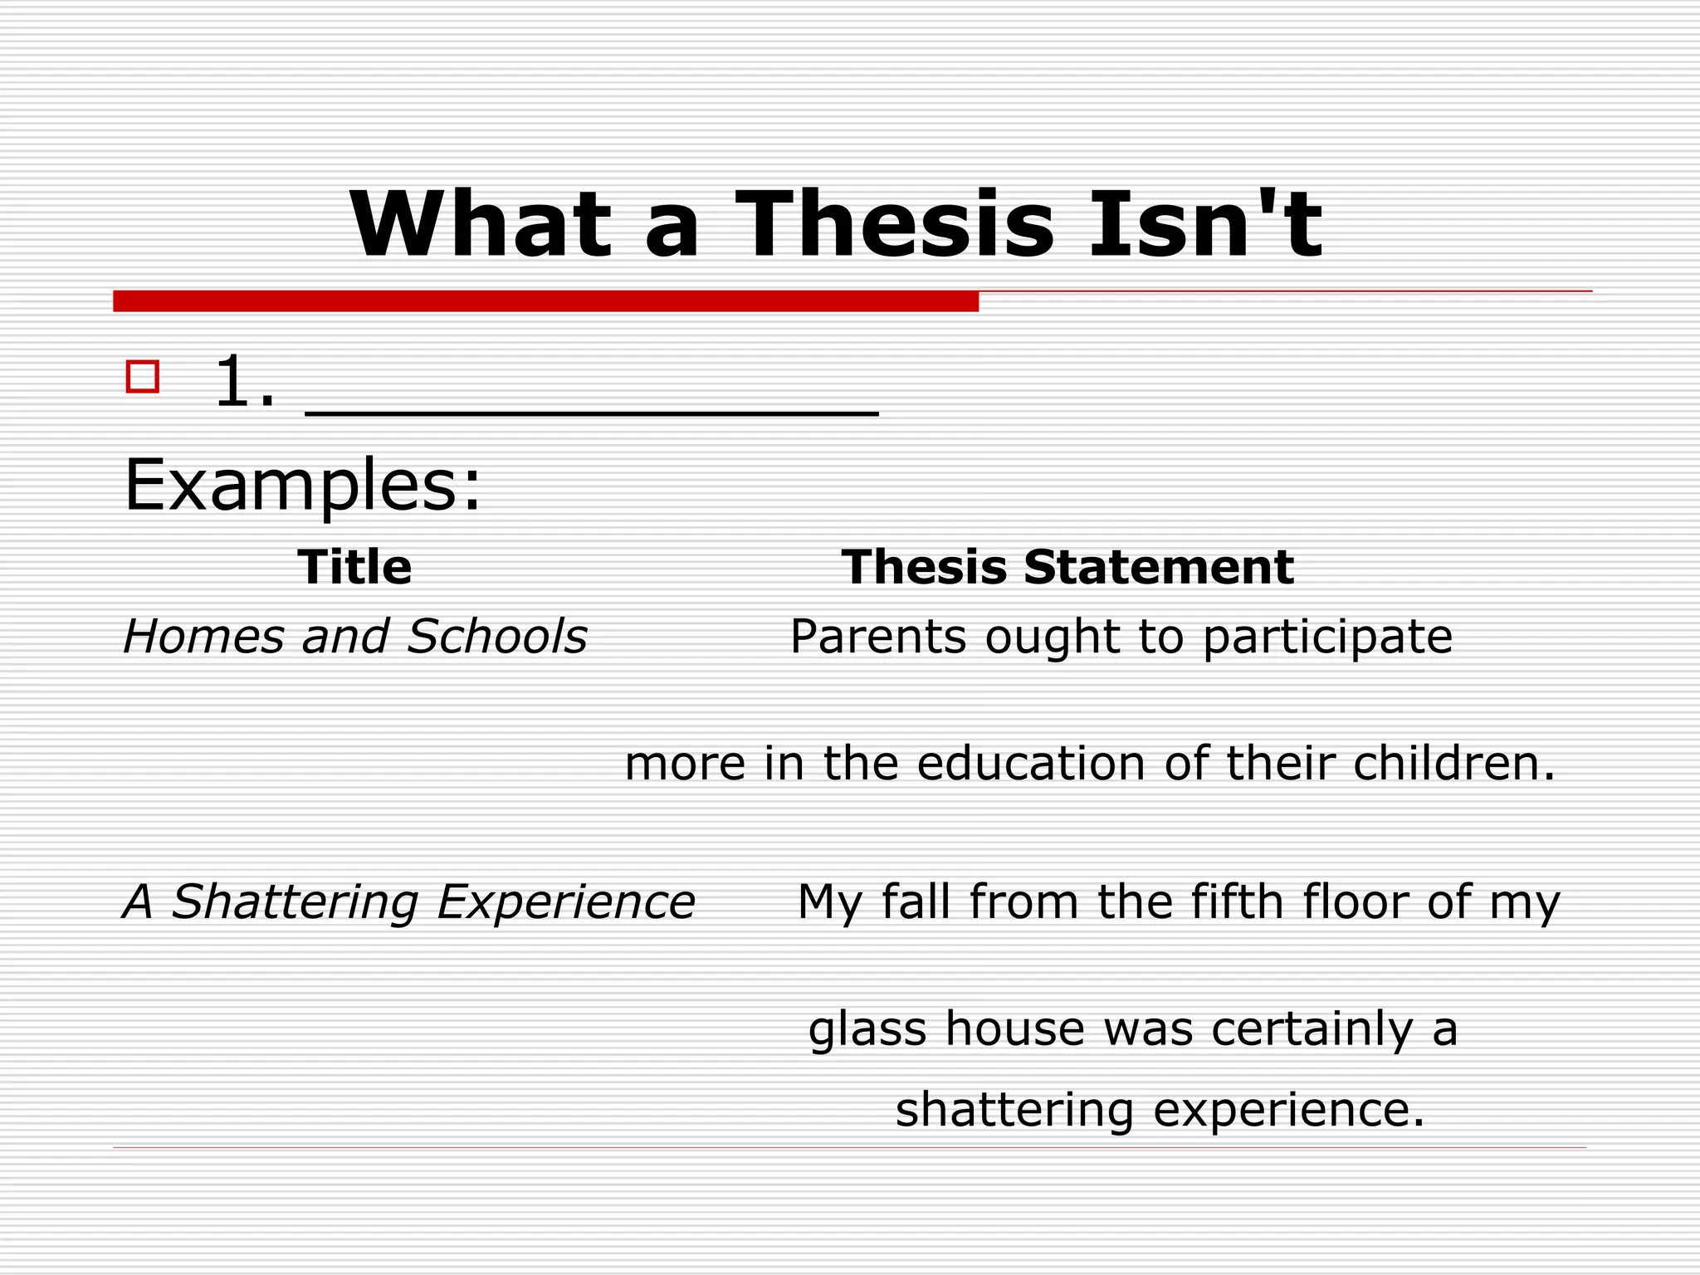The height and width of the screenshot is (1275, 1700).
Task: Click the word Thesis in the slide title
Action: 894,224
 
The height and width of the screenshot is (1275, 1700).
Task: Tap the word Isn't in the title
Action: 1205,224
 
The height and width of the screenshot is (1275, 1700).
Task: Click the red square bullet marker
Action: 143,376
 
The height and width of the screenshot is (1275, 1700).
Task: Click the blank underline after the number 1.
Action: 592,410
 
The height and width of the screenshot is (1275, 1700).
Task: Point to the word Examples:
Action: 302,486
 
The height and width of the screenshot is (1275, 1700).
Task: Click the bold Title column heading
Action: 354,568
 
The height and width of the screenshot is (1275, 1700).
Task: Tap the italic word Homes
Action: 203,637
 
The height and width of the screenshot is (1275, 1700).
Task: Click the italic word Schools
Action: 497,637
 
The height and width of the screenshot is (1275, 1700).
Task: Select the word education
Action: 1031,764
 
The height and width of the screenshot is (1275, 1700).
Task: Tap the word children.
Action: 1453,764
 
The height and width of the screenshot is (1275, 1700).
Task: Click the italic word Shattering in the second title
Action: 295,903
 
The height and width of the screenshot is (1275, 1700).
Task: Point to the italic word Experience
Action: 565,903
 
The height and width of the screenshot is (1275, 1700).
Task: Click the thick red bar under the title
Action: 545,301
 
